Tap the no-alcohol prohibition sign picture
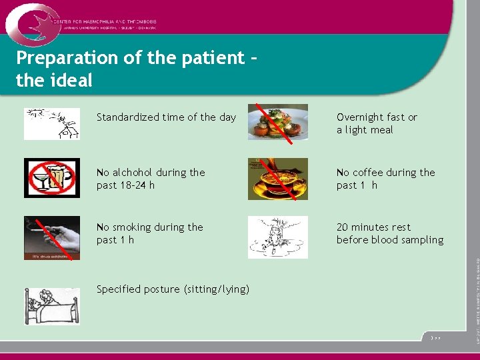pyautogui.click(x=51, y=178)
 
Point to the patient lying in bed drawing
pyautogui.click(x=51, y=306)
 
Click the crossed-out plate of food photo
pyautogui.click(x=277, y=122)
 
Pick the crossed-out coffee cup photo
pyautogui.click(x=277, y=179)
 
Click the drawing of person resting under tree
pyautogui.click(x=277, y=237)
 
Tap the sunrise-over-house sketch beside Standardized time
pyautogui.click(x=51, y=123)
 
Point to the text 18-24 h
pyautogui.click(x=137, y=185)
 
